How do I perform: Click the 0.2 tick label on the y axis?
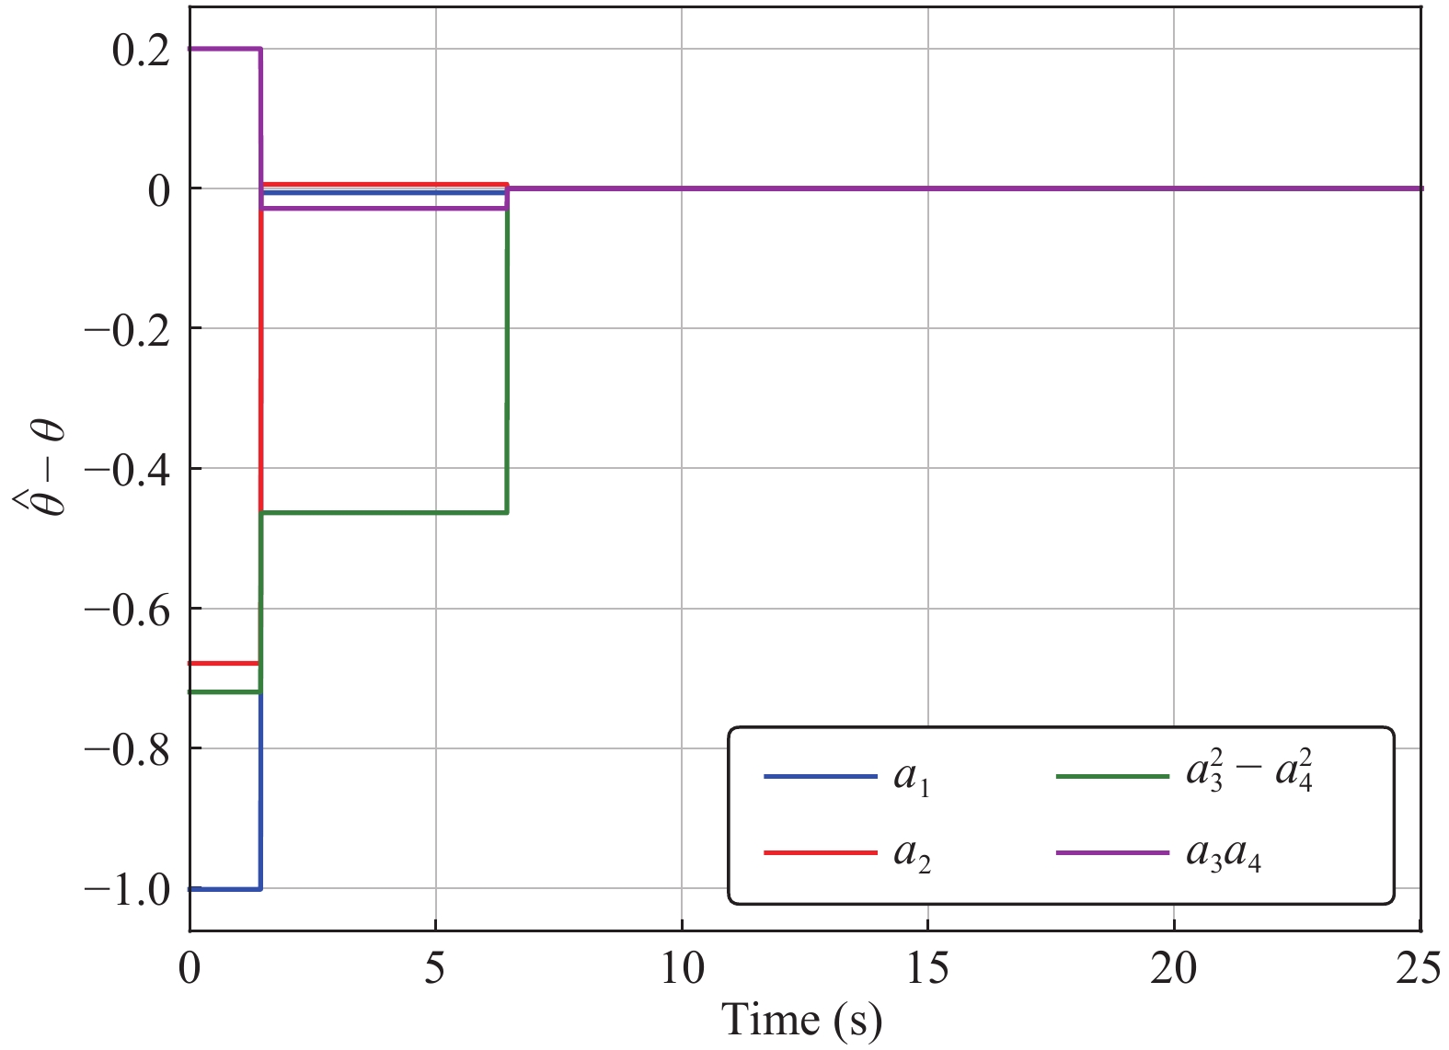click(141, 51)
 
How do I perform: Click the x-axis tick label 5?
click(435, 969)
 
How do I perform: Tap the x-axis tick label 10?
click(682, 969)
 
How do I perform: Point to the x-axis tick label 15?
click(927, 969)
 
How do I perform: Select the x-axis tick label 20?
click(1174, 969)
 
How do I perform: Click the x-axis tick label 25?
click(1419, 969)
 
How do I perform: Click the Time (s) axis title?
click(801, 1020)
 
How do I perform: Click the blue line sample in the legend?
click(820, 777)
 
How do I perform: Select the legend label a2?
click(912, 855)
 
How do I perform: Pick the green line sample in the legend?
click(1112, 777)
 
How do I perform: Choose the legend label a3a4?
click(1223, 855)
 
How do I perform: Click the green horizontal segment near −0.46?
click(385, 512)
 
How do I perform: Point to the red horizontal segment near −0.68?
click(224, 663)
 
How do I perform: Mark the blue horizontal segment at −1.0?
click(224, 889)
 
